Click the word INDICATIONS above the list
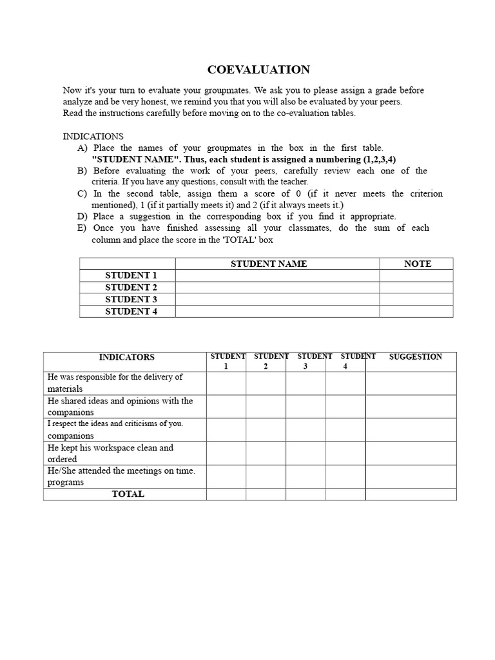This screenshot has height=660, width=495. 93,137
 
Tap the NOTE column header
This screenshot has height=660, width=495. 417,264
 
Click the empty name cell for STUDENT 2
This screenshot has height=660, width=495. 277,287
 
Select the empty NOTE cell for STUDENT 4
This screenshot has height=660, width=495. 416,311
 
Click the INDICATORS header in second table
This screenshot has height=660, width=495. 127,356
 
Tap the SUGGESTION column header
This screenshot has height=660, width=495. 415,356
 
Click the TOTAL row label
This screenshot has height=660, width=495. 128,494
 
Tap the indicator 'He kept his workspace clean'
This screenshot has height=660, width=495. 110,447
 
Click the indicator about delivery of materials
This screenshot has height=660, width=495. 115,377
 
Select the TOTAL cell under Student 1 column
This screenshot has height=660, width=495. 226,494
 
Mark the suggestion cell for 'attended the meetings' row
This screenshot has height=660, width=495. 411,476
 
